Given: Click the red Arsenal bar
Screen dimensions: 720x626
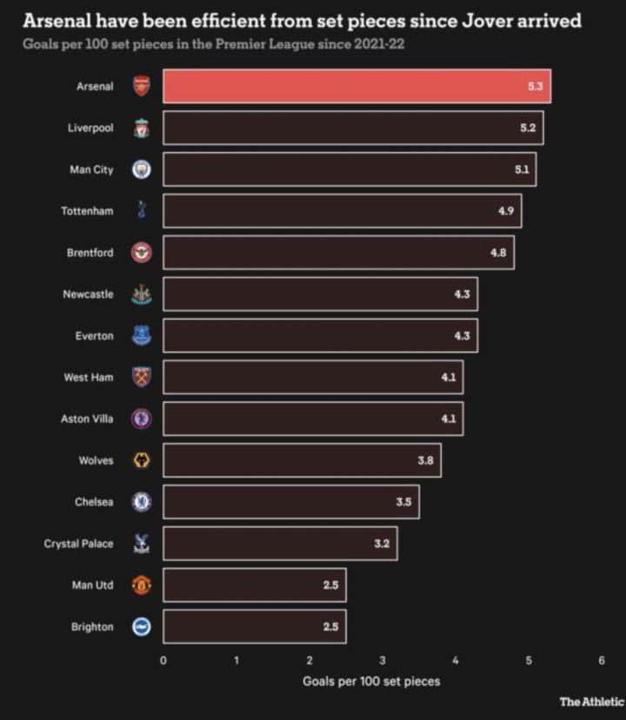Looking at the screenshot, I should pos(356,86).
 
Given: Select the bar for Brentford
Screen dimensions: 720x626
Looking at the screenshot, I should pos(338,253).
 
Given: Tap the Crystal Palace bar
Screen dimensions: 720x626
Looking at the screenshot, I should pos(280,544).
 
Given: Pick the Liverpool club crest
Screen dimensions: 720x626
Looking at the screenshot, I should pos(141,129).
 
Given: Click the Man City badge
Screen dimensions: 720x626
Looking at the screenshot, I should pos(141,170).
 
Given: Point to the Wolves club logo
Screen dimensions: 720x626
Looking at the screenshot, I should pos(141,460).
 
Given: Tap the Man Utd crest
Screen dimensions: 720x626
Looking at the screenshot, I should pos(141,585).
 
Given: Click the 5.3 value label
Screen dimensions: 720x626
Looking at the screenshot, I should pos(536,86).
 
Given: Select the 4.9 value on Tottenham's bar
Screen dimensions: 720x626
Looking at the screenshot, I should pos(506,211).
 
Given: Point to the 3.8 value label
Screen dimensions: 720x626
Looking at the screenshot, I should pos(425,460).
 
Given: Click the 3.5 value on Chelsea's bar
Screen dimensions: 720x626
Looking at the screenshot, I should pos(403,502).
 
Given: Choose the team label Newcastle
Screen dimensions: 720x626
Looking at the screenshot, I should pos(88,294).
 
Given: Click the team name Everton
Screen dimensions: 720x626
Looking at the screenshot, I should pos(94,336).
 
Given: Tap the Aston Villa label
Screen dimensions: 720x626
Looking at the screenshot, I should pos(87,419).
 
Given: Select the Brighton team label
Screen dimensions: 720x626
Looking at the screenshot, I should pos(92,627).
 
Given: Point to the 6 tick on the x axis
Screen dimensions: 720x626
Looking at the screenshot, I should pos(602,661).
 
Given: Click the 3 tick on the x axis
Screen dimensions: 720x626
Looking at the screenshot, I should pos(383,661).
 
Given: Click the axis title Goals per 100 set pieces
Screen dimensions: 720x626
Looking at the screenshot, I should pos(371,682).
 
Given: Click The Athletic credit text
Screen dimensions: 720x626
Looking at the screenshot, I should pos(591,702).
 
